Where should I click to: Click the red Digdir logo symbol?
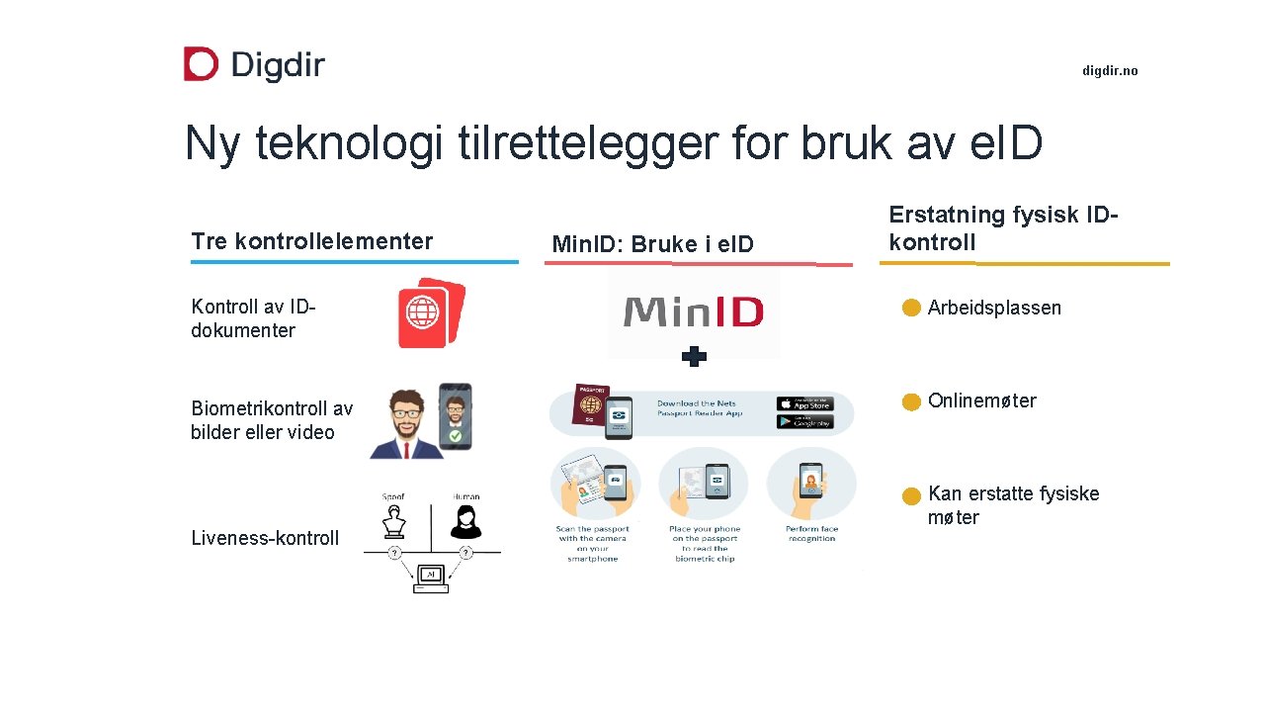coord(201,64)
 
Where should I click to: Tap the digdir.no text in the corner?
coord(1110,71)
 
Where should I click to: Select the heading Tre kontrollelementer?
coord(312,241)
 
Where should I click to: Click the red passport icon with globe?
coord(430,312)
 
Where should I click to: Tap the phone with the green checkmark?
coord(455,416)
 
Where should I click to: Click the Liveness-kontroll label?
coord(265,538)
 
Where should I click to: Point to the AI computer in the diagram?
coord(430,578)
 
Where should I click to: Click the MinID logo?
coord(694,313)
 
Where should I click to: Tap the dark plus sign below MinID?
coord(695,357)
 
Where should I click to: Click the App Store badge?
coord(804,403)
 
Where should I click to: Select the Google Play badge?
coord(804,422)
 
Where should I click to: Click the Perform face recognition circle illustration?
coord(811,484)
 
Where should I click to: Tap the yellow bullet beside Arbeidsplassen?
coord(911,309)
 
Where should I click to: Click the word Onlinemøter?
coord(981,400)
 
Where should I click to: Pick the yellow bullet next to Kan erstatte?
coord(911,495)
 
